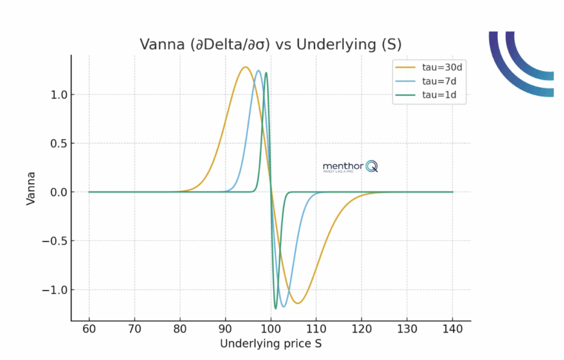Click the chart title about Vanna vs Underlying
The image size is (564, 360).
point(270,44)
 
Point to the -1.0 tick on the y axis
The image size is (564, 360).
point(54,290)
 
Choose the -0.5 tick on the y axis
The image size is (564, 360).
point(54,241)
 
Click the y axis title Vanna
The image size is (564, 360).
point(31,189)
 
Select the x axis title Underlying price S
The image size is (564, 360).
point(270,345)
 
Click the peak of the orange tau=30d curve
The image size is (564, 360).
point(245,67)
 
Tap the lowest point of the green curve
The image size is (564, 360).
point(275,309)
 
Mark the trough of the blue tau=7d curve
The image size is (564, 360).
point(284,307)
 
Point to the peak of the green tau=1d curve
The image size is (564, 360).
point(266,73)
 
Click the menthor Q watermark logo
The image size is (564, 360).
point(350,166)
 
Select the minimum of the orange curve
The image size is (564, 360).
point(297,303)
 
